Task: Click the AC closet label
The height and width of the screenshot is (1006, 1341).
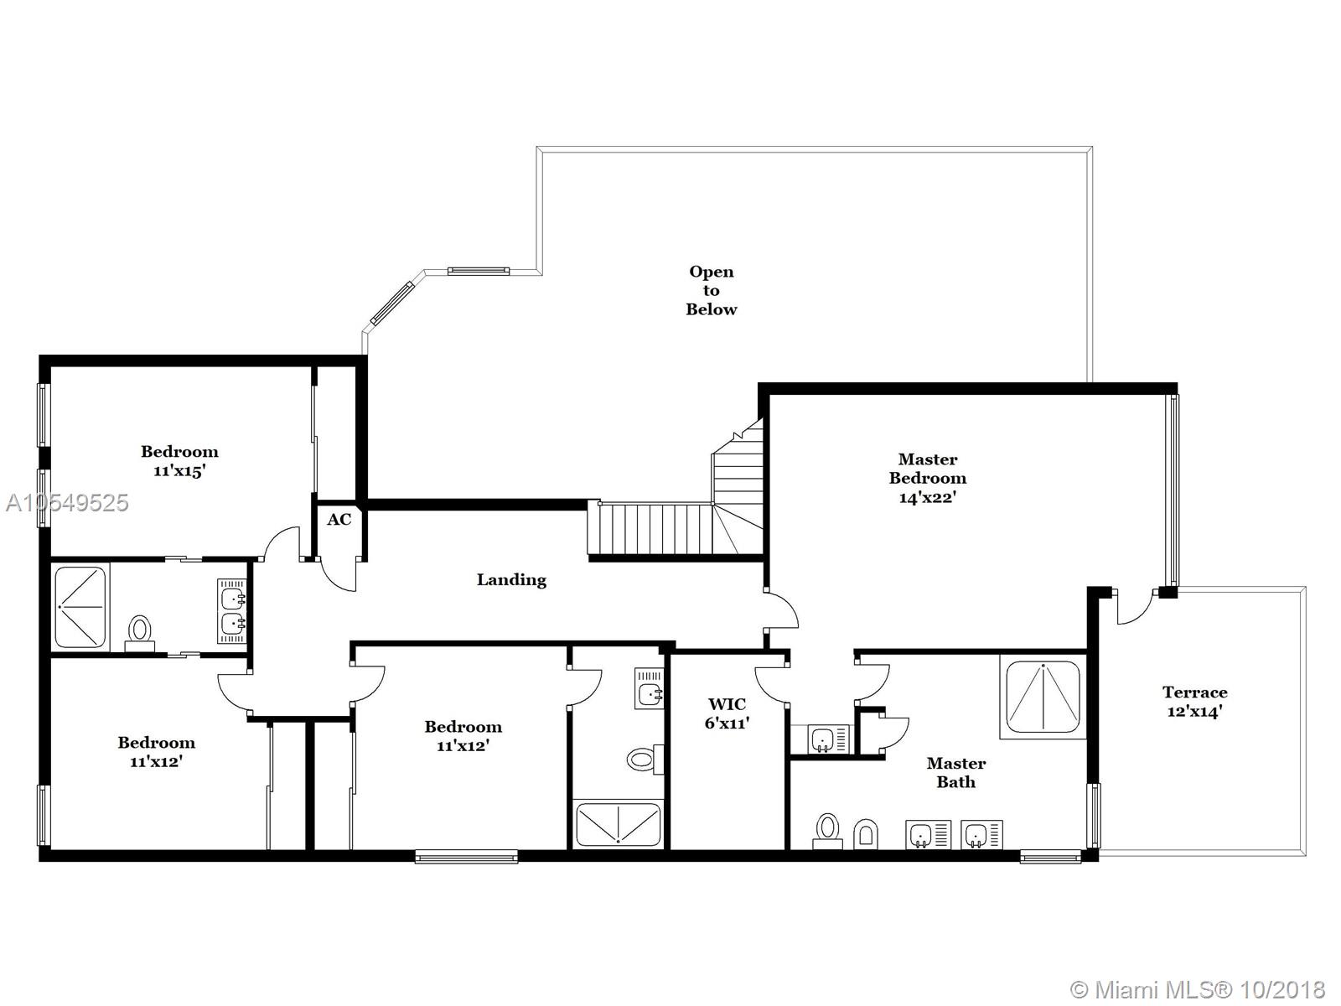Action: tap(339, 520)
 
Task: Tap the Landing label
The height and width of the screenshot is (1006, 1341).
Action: tap(511, 580)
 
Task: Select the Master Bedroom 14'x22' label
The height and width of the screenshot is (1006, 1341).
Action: tap(928, 478)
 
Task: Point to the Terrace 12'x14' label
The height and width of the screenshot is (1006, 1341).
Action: tap(1194, 702)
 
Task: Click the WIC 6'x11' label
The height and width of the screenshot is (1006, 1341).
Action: tap(727, 713)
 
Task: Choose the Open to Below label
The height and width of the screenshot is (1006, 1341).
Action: tap(711, 290)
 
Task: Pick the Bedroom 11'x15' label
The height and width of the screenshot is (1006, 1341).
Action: tap(179, 461)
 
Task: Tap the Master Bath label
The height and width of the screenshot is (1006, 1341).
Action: tap(956, 773)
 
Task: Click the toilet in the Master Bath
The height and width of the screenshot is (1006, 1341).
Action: tap(827, 832)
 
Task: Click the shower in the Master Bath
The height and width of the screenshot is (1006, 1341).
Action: tap(1043, 697)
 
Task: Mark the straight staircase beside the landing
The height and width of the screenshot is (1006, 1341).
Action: tap(650, 528)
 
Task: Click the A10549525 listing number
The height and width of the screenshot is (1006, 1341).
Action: tap(66, 503)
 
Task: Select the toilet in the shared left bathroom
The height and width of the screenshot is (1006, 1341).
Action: tap(139, 633)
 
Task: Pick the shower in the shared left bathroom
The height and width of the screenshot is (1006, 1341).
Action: tap(80, 607)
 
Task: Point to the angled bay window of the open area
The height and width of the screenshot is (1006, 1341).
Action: tap(391, 302)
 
